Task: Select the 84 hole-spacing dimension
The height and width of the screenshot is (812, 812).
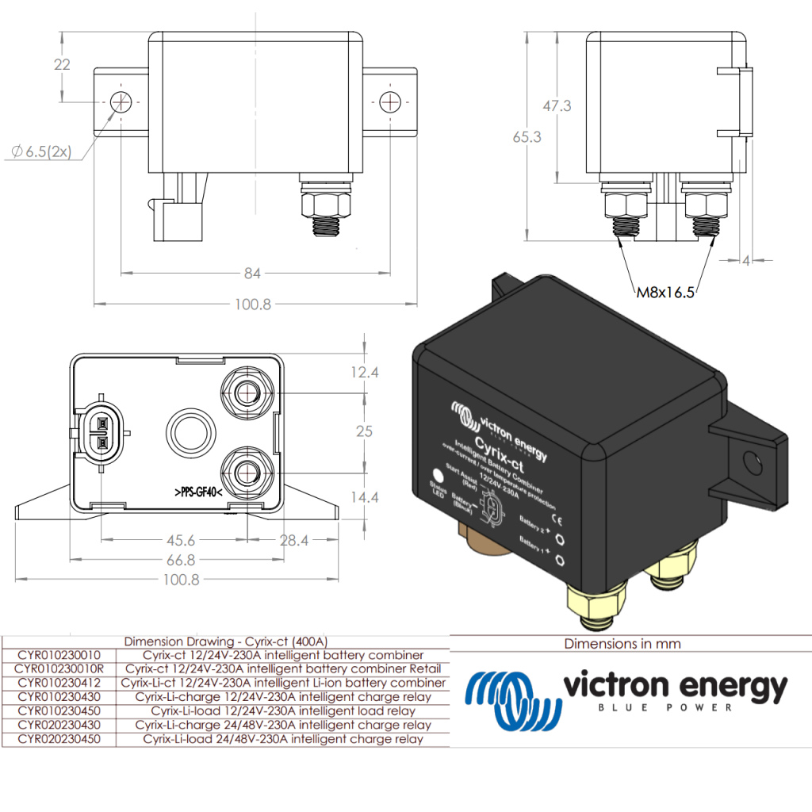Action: pos(252,274)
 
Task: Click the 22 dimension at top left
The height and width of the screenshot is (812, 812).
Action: pos(62,65)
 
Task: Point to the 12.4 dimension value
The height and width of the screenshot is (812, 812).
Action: pos(365,372)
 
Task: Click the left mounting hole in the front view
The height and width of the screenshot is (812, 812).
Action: pos(121,102)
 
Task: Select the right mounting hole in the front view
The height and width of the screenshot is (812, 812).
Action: pos(390,102)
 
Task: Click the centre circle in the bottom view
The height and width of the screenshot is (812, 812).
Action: pos(189,432)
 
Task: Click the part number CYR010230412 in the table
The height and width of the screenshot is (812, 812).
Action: pos(59,683)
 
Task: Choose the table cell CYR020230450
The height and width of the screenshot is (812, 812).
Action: pos(59,739)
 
